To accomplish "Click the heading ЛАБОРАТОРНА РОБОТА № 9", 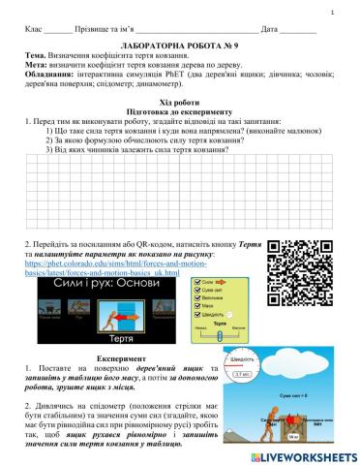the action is (180, 46).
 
